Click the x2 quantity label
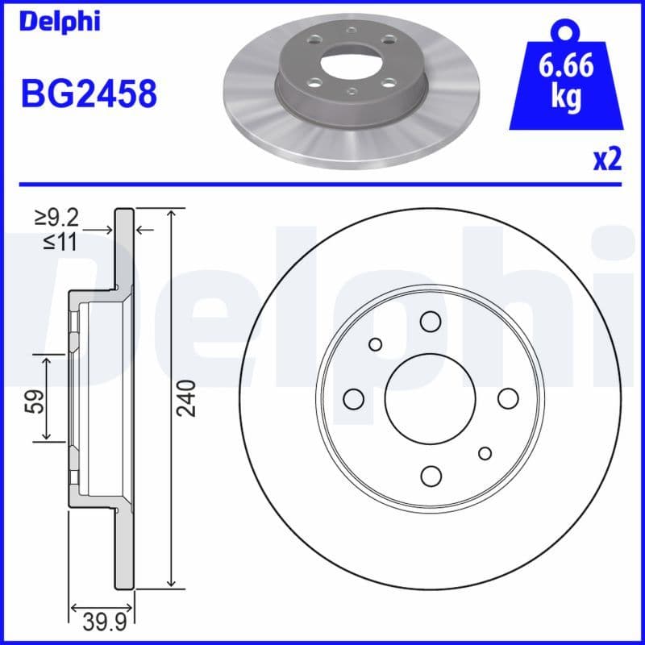pyautogui.click(x=607, y=160)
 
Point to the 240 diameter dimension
pyautogui.click(x=187, y=397)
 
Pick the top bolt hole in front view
pyautogui.click(x=430, y=322)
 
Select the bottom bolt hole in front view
pyautogui.click(x=430, y=475)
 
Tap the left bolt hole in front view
pyautogui.click(x=353, y=398)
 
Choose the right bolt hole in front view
pyautogui.click(x=507, y=398)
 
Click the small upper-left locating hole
pyautogui.click(x=375, y=344)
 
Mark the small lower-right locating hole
pyautogui.click(x=485, y=453)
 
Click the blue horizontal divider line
pyautogui.click(x=322, y=185)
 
